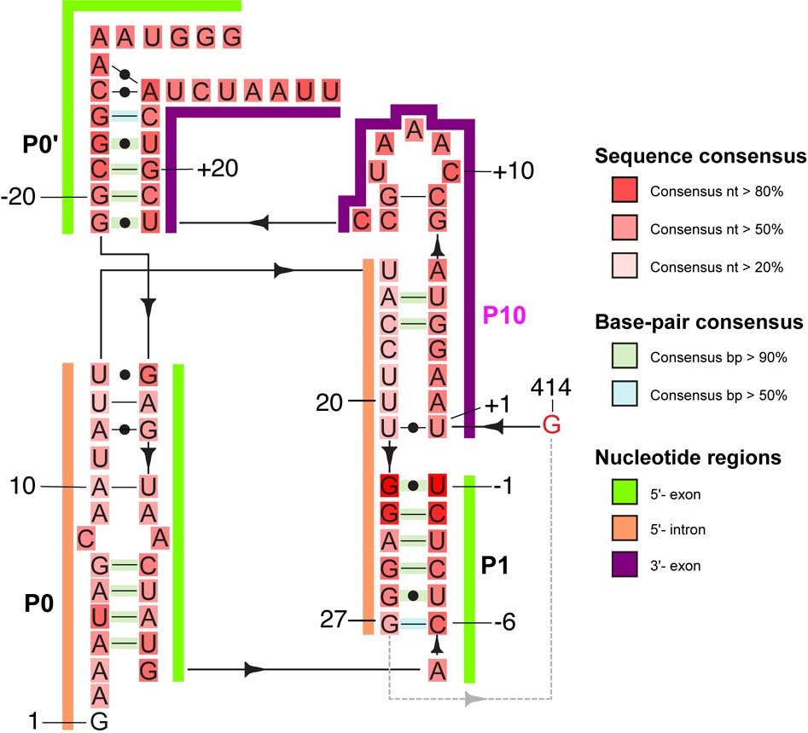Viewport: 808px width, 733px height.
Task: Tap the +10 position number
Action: point(514,170)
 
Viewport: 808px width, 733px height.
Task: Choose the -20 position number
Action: point(19,198)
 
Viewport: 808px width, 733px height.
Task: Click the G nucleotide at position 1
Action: point(99,723)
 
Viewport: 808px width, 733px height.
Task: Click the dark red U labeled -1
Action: point(438,486)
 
